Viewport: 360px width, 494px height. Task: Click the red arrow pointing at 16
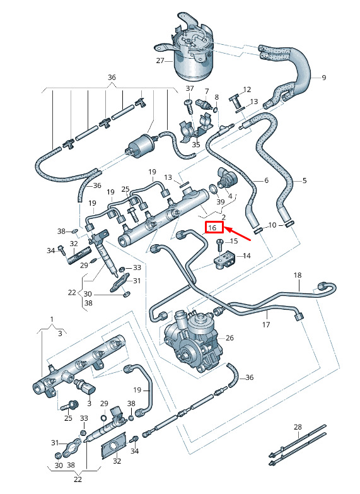238,234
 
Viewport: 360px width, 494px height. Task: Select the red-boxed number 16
214,228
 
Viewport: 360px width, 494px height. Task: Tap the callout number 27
160,60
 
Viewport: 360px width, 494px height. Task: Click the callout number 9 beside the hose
324,78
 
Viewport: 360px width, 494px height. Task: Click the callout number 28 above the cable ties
298,427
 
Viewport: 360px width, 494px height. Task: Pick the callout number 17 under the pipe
266,324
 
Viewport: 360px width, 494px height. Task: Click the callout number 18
298,275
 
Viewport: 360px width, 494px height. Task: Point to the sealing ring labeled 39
213,189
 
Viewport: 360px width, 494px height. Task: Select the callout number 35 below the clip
196,144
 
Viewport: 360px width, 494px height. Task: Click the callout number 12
247,90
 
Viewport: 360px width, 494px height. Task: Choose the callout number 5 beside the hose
305,180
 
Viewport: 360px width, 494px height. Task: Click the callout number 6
267,180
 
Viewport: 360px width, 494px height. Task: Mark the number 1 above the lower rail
52,319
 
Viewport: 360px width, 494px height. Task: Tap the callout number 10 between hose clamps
272,225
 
